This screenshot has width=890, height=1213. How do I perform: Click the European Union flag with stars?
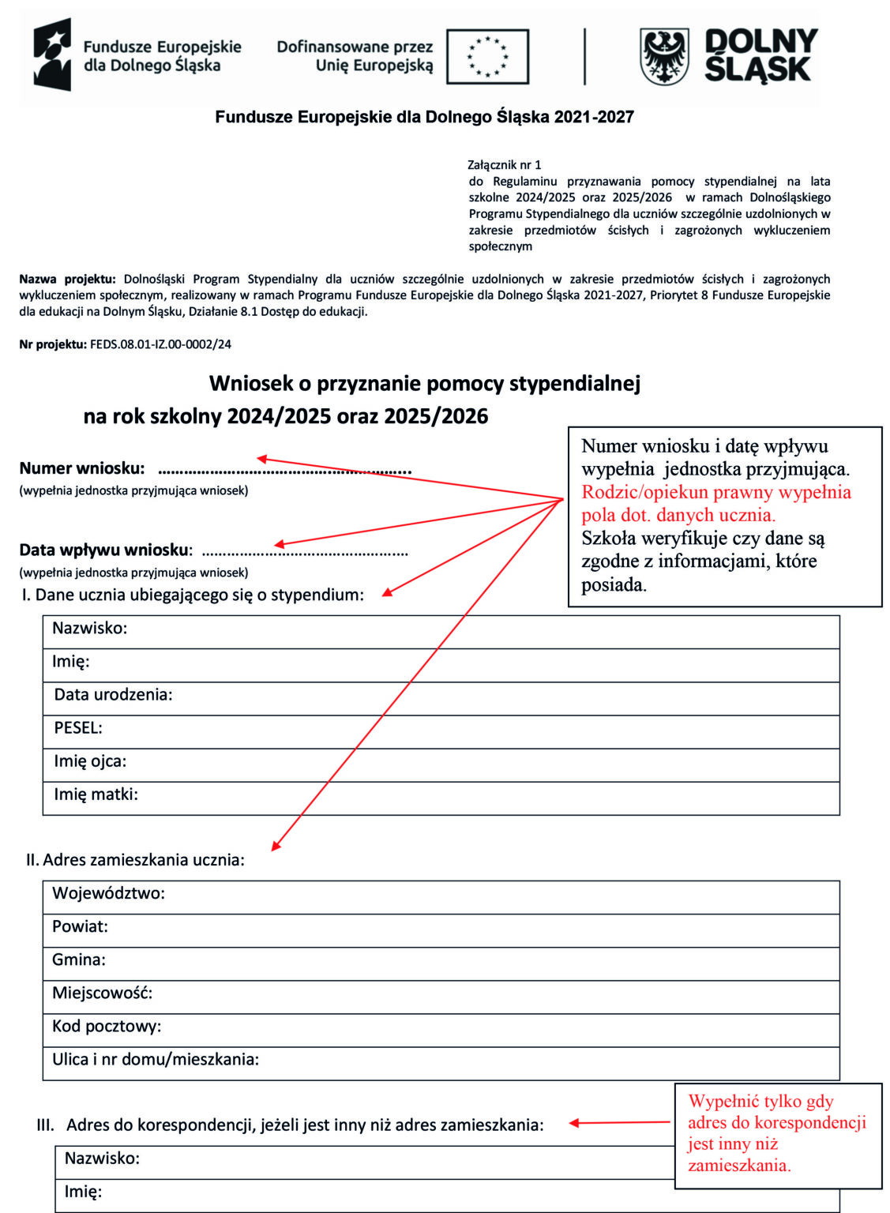tap(487, 57)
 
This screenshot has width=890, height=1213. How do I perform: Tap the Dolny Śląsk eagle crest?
tap(663, 57)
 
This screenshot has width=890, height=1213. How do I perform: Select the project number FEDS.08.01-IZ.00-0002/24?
tap(160, 344)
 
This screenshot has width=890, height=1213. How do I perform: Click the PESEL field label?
tap(78, 728)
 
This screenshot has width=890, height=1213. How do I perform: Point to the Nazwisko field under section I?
tap(89, 629)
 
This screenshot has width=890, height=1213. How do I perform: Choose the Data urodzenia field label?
tap(113, 695)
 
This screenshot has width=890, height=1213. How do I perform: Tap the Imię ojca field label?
tap(90, 761)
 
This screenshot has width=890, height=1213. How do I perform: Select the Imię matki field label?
tap(96, 794)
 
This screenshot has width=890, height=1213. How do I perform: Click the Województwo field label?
tap(108, 894)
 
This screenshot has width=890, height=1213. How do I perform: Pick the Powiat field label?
tap(80, 927)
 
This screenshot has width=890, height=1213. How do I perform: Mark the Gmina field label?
tap(79, 960)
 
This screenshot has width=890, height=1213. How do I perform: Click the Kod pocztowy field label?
tap(107, 1027)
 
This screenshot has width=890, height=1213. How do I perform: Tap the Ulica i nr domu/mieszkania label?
tap(156, 1060)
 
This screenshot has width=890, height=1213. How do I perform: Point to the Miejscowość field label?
tap(102, 993)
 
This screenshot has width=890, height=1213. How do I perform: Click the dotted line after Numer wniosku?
tap(284, 471)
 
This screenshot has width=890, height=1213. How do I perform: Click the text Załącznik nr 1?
tap(504, 165)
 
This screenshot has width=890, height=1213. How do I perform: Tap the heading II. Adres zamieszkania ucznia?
tap(135, 860)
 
